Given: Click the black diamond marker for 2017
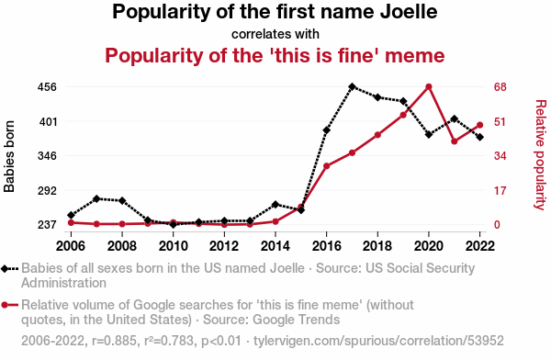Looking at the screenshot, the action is click(352, 86).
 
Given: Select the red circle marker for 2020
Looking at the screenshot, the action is click(429, 87).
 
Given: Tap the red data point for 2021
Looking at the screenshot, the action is click(455, 141).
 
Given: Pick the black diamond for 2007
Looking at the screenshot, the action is click(96, 199).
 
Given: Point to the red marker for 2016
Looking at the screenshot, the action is click(326, 166).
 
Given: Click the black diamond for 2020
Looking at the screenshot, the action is click(429, 134).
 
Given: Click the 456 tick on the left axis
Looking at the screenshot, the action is click(47, 87).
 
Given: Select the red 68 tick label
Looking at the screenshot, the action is click(500, 87).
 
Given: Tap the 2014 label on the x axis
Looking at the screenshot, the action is click(275, 246).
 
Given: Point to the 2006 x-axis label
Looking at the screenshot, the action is click(71, 246).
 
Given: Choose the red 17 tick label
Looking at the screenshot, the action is click(500, 191).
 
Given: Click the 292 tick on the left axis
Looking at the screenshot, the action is click(47, 191).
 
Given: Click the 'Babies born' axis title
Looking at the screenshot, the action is click(9, 156).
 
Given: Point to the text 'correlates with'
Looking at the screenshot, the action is click(275, 34).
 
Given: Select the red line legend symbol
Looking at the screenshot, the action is click(9, 305).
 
